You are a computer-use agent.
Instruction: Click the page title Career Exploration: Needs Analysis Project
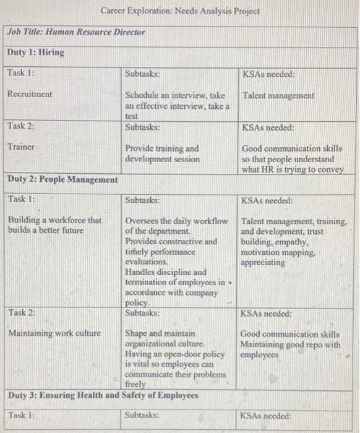pos(180,11)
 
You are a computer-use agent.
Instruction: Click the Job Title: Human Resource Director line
pos(76,32)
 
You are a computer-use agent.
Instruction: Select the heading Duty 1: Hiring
pos(35,53)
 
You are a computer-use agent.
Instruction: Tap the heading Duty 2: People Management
pos(62,179)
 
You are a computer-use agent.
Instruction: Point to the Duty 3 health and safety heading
pos(103,395)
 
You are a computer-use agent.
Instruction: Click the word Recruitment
pos(30,94)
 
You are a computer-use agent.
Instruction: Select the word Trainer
pos(21,147)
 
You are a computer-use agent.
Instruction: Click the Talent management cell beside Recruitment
pos(278,96)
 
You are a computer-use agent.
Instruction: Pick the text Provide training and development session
pos(162,153)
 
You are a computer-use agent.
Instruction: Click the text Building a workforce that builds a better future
pos(54,225)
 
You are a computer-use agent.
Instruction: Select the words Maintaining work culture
pos(54,333)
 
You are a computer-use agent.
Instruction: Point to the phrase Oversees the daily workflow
pos(176,221)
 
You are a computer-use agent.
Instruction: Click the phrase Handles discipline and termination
pos(166,277)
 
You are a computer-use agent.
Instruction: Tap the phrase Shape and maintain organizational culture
pos(162,338)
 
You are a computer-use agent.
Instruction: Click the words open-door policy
pos(193,354)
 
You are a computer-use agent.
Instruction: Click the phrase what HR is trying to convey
pos(293,169)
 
